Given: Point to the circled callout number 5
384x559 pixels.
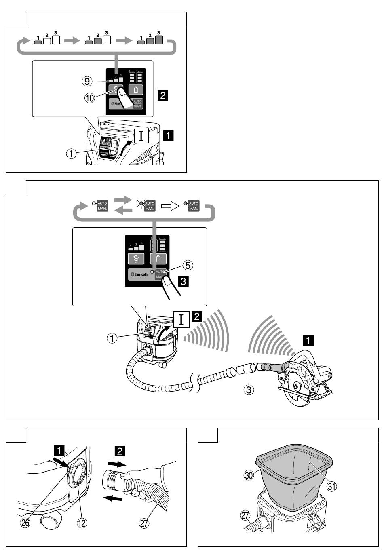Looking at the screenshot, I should [x=188, y=265].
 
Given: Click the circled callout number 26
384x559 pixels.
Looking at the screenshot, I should [x=25, y=523].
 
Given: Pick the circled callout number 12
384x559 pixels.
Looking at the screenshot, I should [x=82, y=523].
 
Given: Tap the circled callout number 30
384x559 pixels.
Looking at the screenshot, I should [x=249, y=475].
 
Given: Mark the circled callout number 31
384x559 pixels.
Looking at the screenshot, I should [x=331, y=486].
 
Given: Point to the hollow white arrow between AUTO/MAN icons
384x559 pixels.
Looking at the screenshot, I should [x=170, y=206].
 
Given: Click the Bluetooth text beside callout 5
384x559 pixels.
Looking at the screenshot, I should [x=141, y=274].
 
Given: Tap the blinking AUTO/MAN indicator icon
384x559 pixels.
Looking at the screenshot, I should [x=148, y=205].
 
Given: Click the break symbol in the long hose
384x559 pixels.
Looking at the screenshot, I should [x=196, y=384].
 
